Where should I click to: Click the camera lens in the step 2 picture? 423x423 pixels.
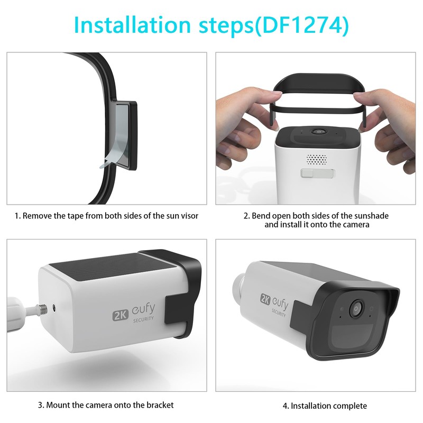pos(319,132)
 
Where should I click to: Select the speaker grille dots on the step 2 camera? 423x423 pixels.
pos(316,160)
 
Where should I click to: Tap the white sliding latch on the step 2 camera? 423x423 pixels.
pos(317,173)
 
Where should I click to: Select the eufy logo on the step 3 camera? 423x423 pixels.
pos(143,310)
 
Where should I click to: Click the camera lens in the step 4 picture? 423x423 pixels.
pos(356,308)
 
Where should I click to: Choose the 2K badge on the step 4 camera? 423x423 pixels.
pos(265,298)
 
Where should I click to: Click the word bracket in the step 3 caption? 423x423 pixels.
pos(160,405)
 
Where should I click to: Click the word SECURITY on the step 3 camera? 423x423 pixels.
pos(143,319)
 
